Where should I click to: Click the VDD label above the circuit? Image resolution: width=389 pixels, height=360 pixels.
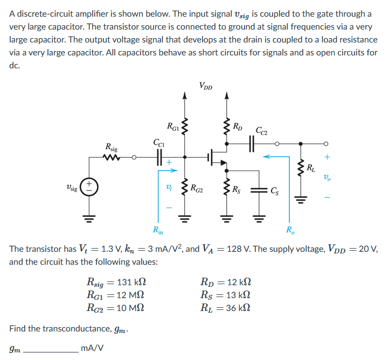[x=205, y=85]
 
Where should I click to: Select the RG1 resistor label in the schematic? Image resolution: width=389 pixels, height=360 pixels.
[x=173, y=127]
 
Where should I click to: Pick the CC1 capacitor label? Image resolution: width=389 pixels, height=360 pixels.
[x=159, y=143]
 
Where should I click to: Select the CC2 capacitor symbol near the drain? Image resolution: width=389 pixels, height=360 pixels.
[x=252, y=144]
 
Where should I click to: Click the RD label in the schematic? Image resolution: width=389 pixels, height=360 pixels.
[x=238, y=127]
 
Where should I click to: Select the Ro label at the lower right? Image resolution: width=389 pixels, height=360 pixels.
[x=291, y=232]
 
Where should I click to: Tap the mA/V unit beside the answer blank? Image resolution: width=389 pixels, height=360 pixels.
[x=92, y=348]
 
